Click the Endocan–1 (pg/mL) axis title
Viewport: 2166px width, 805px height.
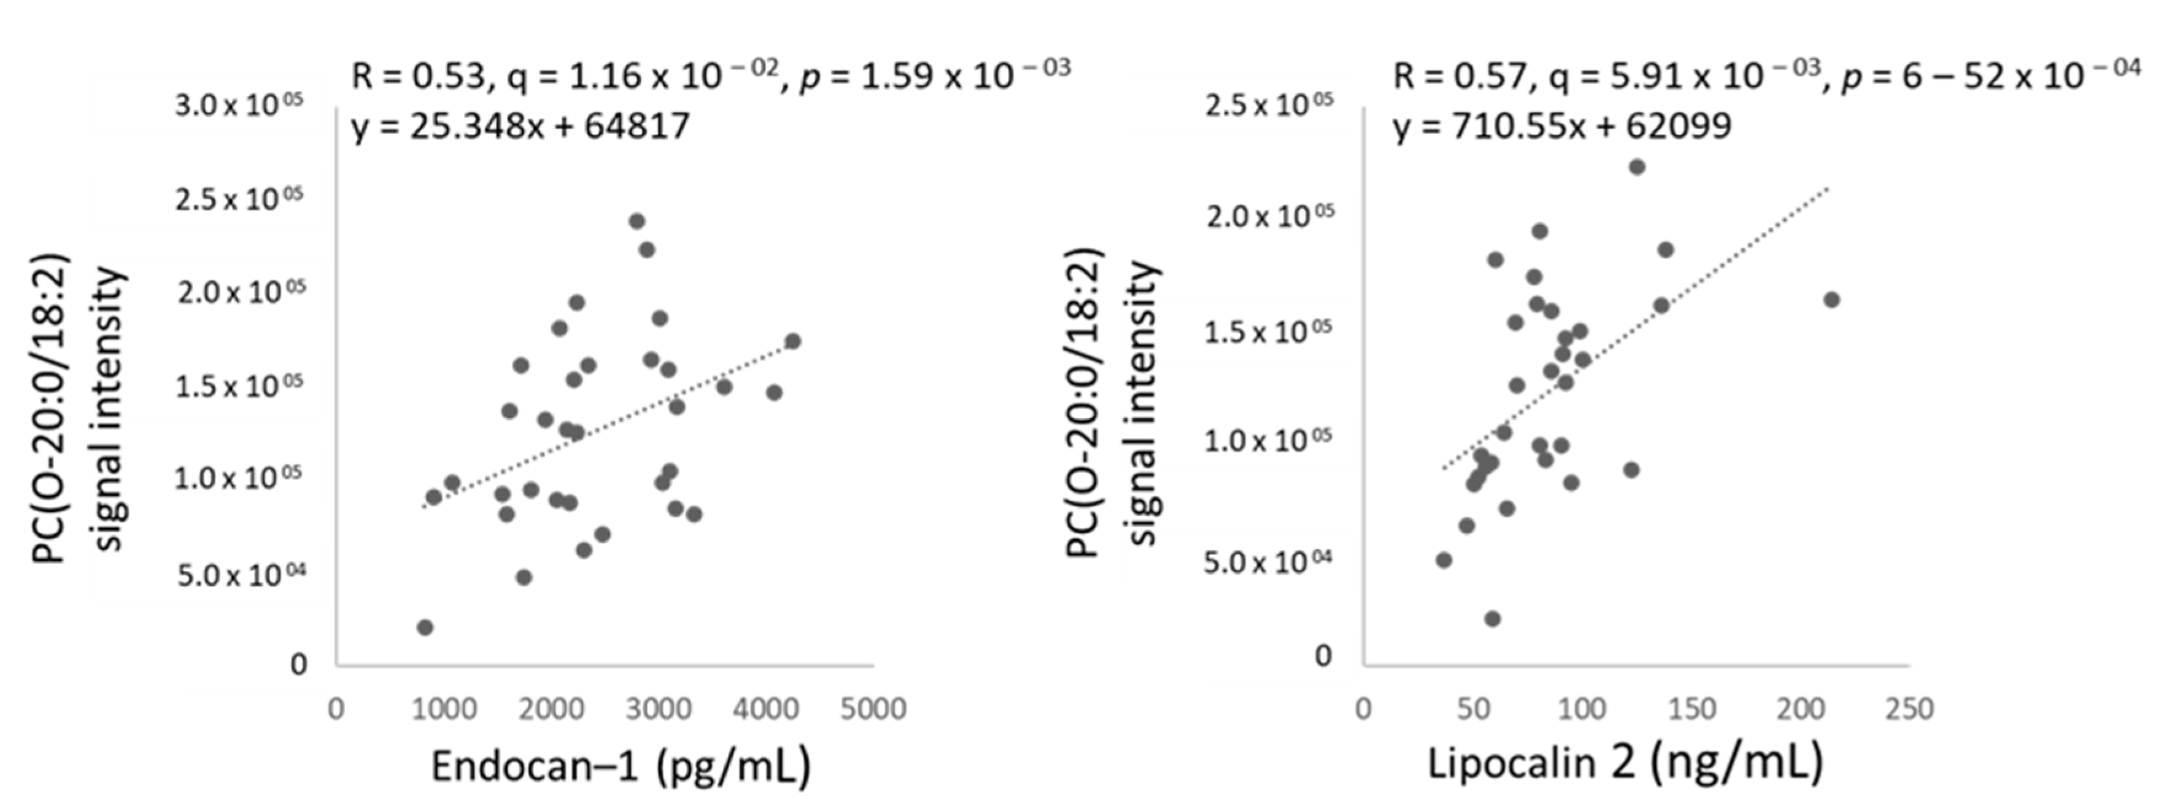pyautogui.click(x=621, y=766)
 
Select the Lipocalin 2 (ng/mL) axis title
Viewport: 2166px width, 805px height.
pyautogui.click(x=1625, y=762)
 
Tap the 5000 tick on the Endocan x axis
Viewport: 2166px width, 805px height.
pyautogui.click(x=873, y=709)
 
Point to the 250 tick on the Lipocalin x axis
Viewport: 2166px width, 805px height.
pyautogui.click(x=1909, y=709)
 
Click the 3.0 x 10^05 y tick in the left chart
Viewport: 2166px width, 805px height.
pyautogui.click(x=239, y=106)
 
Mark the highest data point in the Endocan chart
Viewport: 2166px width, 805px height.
pyautogui.click(x=636, y=221)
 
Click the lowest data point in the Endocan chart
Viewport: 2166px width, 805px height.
pyautogui.click(x=425, y=628)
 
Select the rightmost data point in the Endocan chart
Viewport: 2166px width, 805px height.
pyautogui.click(x=792, y=341)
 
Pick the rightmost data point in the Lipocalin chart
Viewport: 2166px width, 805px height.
pyautogui.click(x=1831, y=300)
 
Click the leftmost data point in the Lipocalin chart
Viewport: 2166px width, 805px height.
pyautogui.click(x=1444, y=560)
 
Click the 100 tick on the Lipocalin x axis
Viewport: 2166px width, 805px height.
pyautogui.click(x=1582, y=709)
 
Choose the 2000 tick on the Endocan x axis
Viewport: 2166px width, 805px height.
pyautogui.click(x=551, y=709)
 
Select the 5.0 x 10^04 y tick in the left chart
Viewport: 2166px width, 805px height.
pyautogui.click(x=241, y=576)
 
